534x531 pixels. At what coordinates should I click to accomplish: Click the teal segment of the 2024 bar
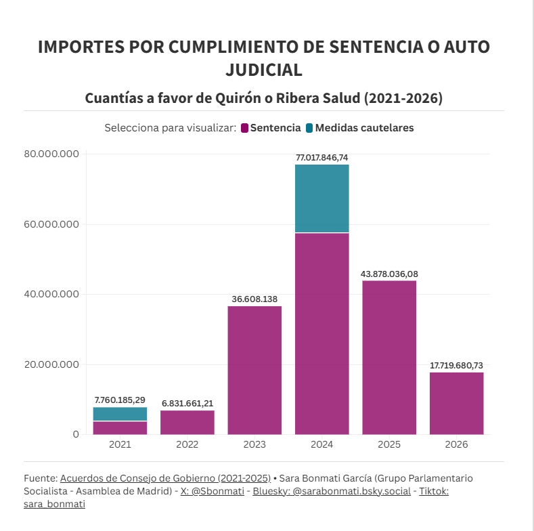coord(322,198)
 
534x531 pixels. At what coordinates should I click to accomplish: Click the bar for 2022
coord(187,422)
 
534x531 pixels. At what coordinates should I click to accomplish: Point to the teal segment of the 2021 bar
coord(120,414)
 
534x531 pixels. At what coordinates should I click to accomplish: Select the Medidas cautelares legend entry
coord(359,127)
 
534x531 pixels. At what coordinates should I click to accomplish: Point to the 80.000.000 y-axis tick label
coord(51,154)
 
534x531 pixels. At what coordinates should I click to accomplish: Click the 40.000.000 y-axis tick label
coord(51,294)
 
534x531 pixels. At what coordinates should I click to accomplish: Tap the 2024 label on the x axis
coord(322,445)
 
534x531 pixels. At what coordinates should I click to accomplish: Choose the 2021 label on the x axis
coord(120,445)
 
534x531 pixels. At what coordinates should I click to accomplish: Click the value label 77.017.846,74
coord(322,158)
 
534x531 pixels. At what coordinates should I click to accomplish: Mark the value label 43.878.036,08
coord(389,274)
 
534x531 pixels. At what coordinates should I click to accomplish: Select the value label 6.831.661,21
coord(187,404)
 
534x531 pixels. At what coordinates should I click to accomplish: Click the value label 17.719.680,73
coord(456,366)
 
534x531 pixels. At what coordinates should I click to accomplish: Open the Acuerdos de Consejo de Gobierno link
coord(165,478)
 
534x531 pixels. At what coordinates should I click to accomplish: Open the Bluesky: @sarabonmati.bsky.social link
coord(332,491)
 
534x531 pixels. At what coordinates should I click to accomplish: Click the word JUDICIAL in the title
coord(263,70)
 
